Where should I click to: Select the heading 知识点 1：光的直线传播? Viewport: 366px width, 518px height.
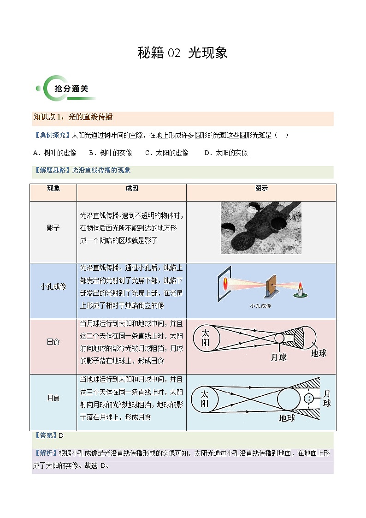click(73, 117)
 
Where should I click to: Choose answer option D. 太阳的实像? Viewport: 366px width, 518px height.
click(226, 153)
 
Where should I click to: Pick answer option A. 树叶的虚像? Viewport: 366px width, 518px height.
click(54, 153)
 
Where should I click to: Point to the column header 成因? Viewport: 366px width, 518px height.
click(131, 189)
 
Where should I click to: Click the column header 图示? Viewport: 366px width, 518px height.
click(261, 189)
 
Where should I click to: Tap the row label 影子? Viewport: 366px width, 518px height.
click(53, 228)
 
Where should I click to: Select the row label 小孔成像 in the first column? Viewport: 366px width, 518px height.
click(53, 286)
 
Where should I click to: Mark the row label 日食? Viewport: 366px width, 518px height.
click(53, 342)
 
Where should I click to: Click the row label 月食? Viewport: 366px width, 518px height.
click(53, 398)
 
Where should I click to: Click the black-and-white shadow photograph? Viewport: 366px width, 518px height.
click(261, 228)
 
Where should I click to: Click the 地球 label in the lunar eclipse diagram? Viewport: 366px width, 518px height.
click(287, 418)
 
